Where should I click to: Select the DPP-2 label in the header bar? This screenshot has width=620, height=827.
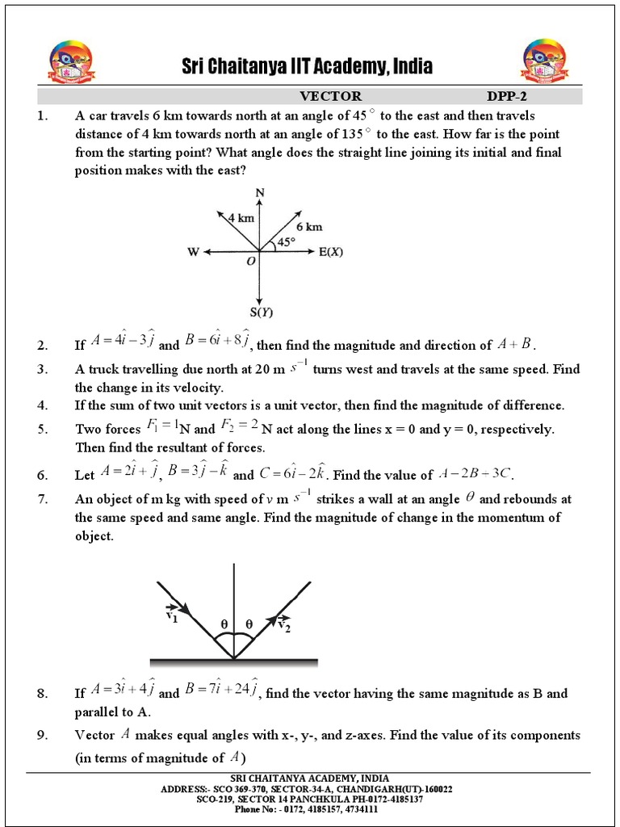[506, 96]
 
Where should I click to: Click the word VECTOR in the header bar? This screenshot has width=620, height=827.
[331, 96]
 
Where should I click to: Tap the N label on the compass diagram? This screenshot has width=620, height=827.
[259, 192]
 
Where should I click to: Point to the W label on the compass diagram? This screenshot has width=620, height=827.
[194, 252]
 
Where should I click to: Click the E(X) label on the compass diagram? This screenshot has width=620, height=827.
[331, 252]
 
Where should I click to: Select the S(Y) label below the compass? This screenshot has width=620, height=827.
[260, 312]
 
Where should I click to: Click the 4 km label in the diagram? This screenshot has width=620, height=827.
[241, 218]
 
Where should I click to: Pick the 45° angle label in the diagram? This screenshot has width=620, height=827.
[287, 241]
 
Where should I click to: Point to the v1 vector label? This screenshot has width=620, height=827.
[171, 615]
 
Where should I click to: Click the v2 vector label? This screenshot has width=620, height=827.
[284, 623]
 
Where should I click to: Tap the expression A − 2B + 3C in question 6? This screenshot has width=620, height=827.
[474, 473]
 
